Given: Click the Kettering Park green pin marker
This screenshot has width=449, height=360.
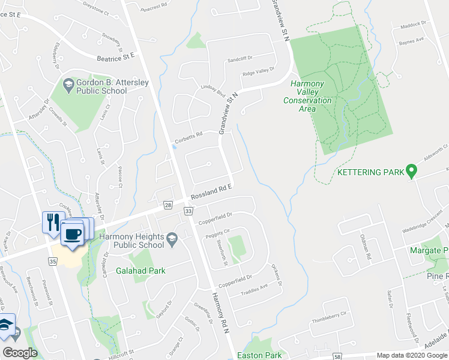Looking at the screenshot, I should pyautogui.click(x=411, y=172).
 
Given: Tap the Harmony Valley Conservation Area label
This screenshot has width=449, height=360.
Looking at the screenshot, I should pyautogui.click(x=307, y=92).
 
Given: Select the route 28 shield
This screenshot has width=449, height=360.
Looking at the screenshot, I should pyautogui.click(x=167, y=205).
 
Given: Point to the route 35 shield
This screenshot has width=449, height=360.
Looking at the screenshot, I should pyautogui.click(x=52, y=262).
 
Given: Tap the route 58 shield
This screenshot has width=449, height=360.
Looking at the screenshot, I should pyautogui.click(x=338, y=356).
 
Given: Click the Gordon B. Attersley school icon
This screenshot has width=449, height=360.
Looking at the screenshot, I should pyautogui.click(x=67, y=83).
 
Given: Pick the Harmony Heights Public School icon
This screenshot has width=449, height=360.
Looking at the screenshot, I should pyautogui.click(x=173, y=238).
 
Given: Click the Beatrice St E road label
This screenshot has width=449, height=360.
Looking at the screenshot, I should pyautogui.click(x=116, y=57).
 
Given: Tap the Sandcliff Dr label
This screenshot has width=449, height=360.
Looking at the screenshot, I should pyautogui.click(x=241, y=60).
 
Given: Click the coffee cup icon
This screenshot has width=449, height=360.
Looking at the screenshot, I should pyautogui.click(x=73, y=234).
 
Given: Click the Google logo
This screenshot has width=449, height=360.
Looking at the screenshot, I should pyautogui.click(x=20, y=353).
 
